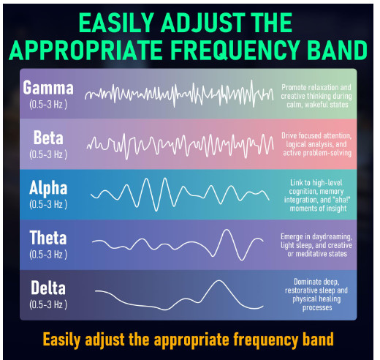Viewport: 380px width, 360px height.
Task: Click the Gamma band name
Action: click(48, 88)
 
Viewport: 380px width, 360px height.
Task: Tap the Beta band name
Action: click(48, 138)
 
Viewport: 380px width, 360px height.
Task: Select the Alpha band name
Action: click(48, 188)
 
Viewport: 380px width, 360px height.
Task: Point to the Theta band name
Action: click(48, 238)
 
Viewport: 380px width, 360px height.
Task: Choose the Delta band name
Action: click(48, 288)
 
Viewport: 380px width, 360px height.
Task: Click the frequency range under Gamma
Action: click(48, 105)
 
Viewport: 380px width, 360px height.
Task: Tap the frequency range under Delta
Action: click(48, 304)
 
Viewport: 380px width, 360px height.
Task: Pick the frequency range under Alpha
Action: click(48, 204)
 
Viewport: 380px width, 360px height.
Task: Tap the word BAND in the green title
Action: click(337, 50)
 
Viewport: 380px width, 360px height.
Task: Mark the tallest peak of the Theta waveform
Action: click(227, 230)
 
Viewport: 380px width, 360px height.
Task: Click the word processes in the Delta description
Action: click(317, 308)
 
